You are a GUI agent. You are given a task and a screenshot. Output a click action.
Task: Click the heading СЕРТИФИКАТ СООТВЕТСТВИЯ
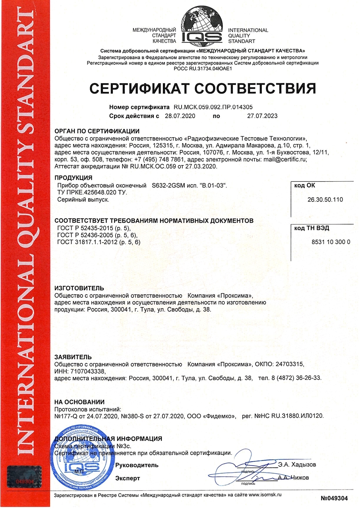[x=202, y=88]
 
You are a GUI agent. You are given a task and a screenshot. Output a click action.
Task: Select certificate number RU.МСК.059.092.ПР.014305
[x=213, y=107]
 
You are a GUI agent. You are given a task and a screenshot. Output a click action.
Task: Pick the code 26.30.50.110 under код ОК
[x=325, y=200]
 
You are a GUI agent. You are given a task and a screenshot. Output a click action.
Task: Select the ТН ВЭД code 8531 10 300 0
[x=325, y=242]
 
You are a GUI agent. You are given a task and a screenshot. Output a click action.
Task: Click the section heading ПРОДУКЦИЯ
[x=74, y=177]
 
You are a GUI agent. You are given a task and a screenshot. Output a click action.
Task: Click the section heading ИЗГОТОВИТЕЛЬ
[x=79, y=288]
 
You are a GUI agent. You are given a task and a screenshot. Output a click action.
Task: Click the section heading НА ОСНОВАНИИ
[x=79, y=402]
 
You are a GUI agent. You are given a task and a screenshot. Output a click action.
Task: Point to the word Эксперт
[x=128, y=478]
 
